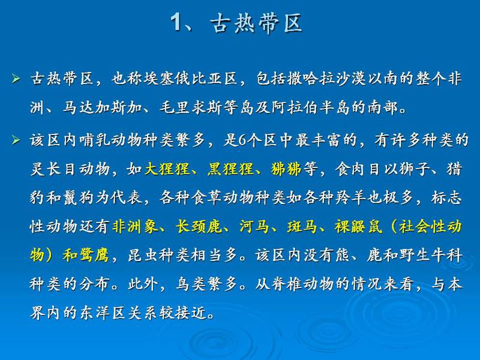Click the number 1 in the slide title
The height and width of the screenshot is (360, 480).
pos(176,22)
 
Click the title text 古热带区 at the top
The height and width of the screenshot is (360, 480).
pos(257,23)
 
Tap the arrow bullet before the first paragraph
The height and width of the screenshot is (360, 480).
pos(16,79)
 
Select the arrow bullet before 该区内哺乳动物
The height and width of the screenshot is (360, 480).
pos(16,140)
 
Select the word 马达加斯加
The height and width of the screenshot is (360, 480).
pos(102,107)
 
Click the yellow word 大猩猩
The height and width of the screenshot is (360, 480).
pos(167,169)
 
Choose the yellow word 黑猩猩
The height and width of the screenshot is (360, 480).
pos(230,169)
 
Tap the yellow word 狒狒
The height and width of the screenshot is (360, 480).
pos(286,169)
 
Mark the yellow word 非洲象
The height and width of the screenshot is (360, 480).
pos(136,227)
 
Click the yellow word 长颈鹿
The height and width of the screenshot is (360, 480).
pos(199,227)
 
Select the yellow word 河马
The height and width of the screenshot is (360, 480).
pos(254,227)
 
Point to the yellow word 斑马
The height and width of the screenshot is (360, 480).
pos(302,227)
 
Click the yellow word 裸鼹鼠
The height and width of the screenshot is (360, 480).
pos(358,227)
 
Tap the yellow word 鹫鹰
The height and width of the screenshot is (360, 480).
pos(94,256)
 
